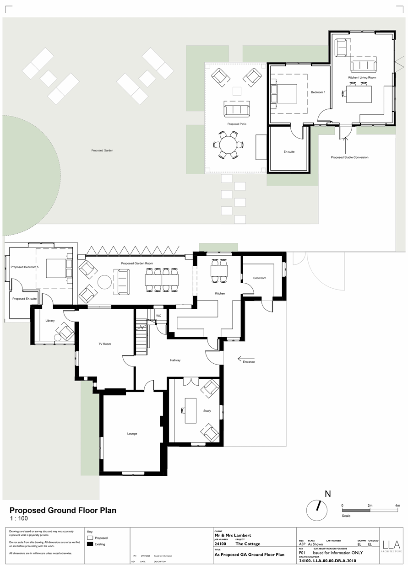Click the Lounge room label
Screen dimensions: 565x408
tap(132, 434)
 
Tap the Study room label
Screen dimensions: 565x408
tap(207, 411)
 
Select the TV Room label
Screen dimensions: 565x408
tap(104, 344)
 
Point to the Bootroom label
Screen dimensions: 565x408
tap(260, 278)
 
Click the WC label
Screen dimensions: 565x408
tap(158, 316)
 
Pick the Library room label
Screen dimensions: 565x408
tap(50, 321)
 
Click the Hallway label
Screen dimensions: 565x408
tap(175, 361)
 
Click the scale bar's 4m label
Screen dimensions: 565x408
tap(397, 506)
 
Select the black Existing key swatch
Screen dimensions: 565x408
tap(90, 544)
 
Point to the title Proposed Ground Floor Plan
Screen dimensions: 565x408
tap(63, 510)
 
